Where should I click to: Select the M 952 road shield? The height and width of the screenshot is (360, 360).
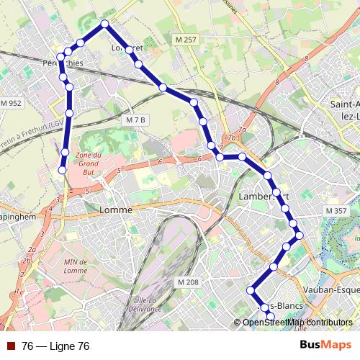pos(12,104)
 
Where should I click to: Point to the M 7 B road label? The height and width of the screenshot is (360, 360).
pos(135,119)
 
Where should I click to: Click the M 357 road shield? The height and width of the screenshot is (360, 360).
pos(336,210)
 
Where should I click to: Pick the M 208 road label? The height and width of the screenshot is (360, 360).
pos(187,282)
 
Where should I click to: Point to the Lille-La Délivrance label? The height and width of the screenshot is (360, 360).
pos(148,304)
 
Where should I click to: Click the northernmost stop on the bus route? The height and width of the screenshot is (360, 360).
pos(105,24)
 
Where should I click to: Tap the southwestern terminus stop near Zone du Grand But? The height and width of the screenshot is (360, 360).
pos(62,170)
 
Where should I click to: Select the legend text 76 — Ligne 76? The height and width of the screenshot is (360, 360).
pos(55,346)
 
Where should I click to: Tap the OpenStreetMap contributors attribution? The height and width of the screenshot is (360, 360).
pos(297,322)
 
